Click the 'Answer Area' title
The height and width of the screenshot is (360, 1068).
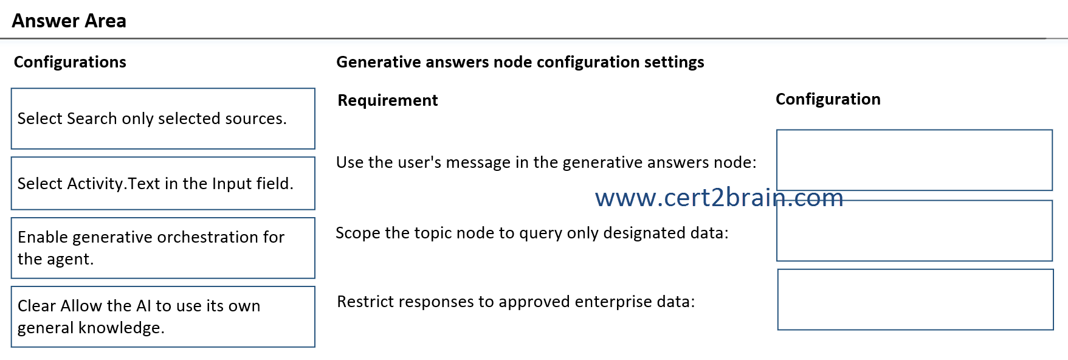69,21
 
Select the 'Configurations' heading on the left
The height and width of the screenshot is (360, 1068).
70,62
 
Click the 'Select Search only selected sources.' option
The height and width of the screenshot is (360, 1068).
163,119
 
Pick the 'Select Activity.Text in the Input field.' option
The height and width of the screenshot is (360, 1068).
163,183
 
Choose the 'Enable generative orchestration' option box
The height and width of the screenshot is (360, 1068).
163,248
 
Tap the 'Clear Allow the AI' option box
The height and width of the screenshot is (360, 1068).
163,317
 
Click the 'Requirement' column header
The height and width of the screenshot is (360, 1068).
388,100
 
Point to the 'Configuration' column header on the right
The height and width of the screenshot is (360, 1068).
828,99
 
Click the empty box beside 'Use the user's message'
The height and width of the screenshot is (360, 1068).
914,160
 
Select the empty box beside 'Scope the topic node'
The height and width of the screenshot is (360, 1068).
914,230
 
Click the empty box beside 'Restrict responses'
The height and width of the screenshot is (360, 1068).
915,300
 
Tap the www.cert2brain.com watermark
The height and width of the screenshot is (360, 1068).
719,198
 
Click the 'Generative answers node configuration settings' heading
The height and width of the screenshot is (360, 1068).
520,62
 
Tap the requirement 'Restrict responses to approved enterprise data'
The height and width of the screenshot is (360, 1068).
516,302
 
